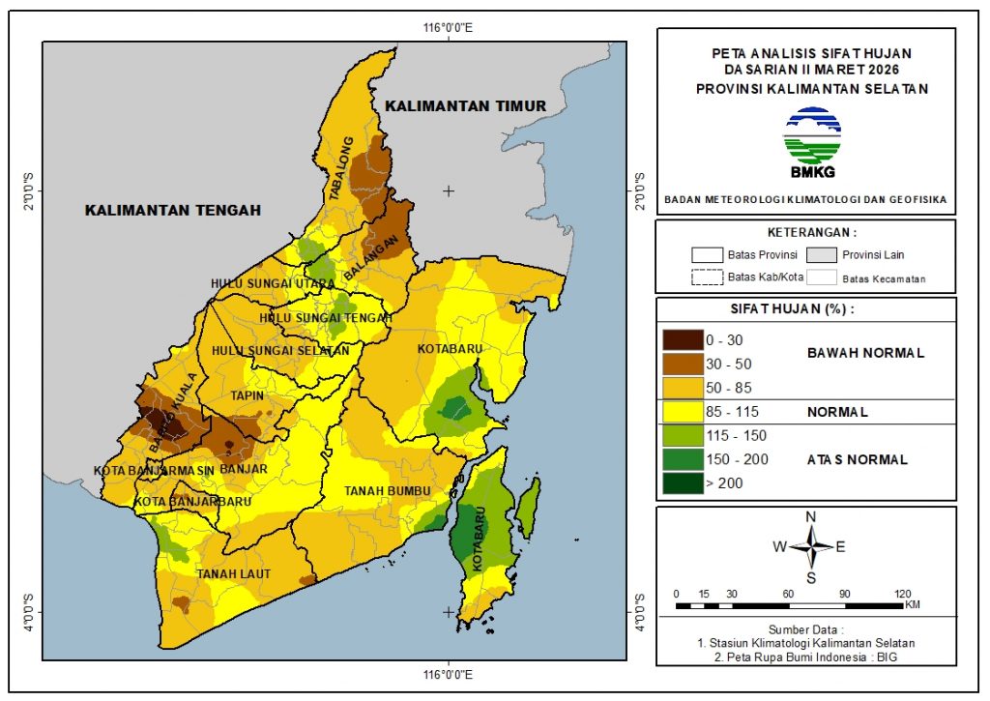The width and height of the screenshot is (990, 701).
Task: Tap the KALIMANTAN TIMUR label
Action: tap(464, 105)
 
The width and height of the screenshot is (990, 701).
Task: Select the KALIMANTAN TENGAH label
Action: tap(172, 210)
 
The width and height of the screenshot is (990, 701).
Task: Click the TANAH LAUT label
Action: tap(232, 573)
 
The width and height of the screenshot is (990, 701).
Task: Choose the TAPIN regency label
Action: tap(247, 395)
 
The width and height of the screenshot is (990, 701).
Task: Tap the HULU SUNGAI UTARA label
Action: tap(273, 283)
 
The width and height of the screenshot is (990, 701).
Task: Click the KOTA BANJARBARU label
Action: tap(180, 503)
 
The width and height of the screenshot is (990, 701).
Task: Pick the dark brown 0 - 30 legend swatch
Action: tap(682, 340)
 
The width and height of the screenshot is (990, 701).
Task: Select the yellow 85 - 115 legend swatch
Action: tap(682, 412)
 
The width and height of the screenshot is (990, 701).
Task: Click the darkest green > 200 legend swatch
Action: tap(682, 482)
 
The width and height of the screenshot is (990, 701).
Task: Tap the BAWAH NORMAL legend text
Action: tap(865, 353)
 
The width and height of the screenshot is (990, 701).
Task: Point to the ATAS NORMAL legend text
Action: tap(857, 460)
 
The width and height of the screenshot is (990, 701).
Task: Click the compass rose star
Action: tap(811, 546)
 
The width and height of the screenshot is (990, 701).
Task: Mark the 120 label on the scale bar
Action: tap(903, 594)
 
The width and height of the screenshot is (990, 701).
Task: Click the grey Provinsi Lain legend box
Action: tap(822, 255)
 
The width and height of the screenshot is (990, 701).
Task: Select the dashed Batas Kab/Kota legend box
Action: tap(707, 277)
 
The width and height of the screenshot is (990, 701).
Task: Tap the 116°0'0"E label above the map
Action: tap(448, 27)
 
